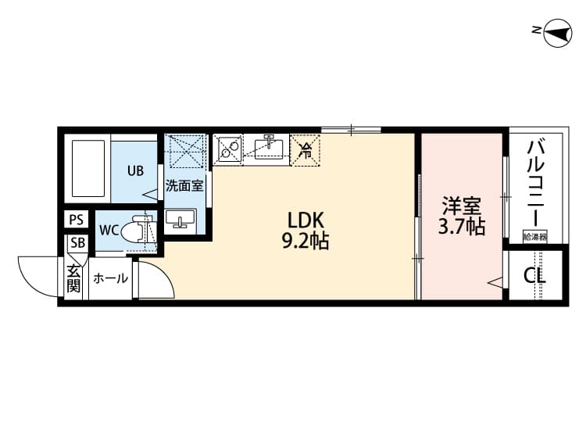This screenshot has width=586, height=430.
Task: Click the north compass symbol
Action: [553, 30]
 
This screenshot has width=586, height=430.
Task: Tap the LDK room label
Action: [305, 220]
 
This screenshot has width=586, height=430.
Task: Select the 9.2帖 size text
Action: [305, 242]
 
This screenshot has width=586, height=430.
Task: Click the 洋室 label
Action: [461, 207]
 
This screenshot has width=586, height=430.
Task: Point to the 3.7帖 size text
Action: [461, 228]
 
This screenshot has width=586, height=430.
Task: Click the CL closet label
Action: [535, 276]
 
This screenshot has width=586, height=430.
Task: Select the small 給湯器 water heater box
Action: [535, 235]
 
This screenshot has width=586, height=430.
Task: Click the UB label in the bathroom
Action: [136, 170]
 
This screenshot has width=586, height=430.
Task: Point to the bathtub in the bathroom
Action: [88, 169]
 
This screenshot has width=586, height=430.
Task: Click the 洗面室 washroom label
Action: [184, 187]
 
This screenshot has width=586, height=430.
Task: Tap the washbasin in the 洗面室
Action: [184, 220]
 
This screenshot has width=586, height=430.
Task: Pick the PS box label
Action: [76, 220]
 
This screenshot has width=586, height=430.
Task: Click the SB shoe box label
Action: [77, 242]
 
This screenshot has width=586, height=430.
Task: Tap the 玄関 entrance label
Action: [73, 278]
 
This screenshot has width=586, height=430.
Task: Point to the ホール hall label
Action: [110, 278]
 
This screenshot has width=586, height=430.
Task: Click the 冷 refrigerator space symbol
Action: [306, 149]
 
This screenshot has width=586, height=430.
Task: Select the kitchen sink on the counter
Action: [270, 147]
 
